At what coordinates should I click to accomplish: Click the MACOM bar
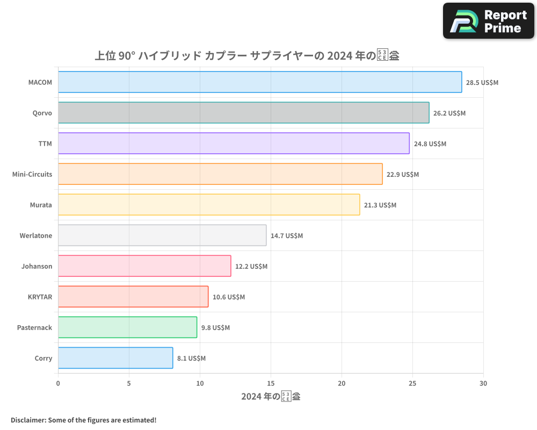pos(260,82)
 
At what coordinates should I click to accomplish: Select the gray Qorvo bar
pos(243,113)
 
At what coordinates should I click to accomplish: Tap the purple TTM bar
pos(234,144)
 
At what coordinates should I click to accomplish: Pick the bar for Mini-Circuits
pos(220,174)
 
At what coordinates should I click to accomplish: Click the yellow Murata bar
pos(209,205)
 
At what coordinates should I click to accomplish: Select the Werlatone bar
pos(162,235)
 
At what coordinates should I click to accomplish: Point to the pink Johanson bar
pos(144,266)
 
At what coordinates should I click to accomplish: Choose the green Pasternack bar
pos(127,327)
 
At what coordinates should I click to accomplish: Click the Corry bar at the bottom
pos(115,358)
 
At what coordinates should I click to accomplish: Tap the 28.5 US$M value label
pos(482,83)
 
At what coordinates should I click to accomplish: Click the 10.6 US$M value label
pos(229,297)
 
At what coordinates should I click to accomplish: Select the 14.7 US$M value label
pos(287,236)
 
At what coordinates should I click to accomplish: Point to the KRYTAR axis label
pos(40,297)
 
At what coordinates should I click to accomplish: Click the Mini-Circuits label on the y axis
pos(32,174)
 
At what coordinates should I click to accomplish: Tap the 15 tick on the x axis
pos(271,383)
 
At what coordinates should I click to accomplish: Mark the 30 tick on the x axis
pos(483,383)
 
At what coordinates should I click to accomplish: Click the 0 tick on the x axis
pos(58,383)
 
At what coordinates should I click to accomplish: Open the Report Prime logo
pos(489,21)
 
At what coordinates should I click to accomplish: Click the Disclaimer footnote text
pos(84,420)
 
